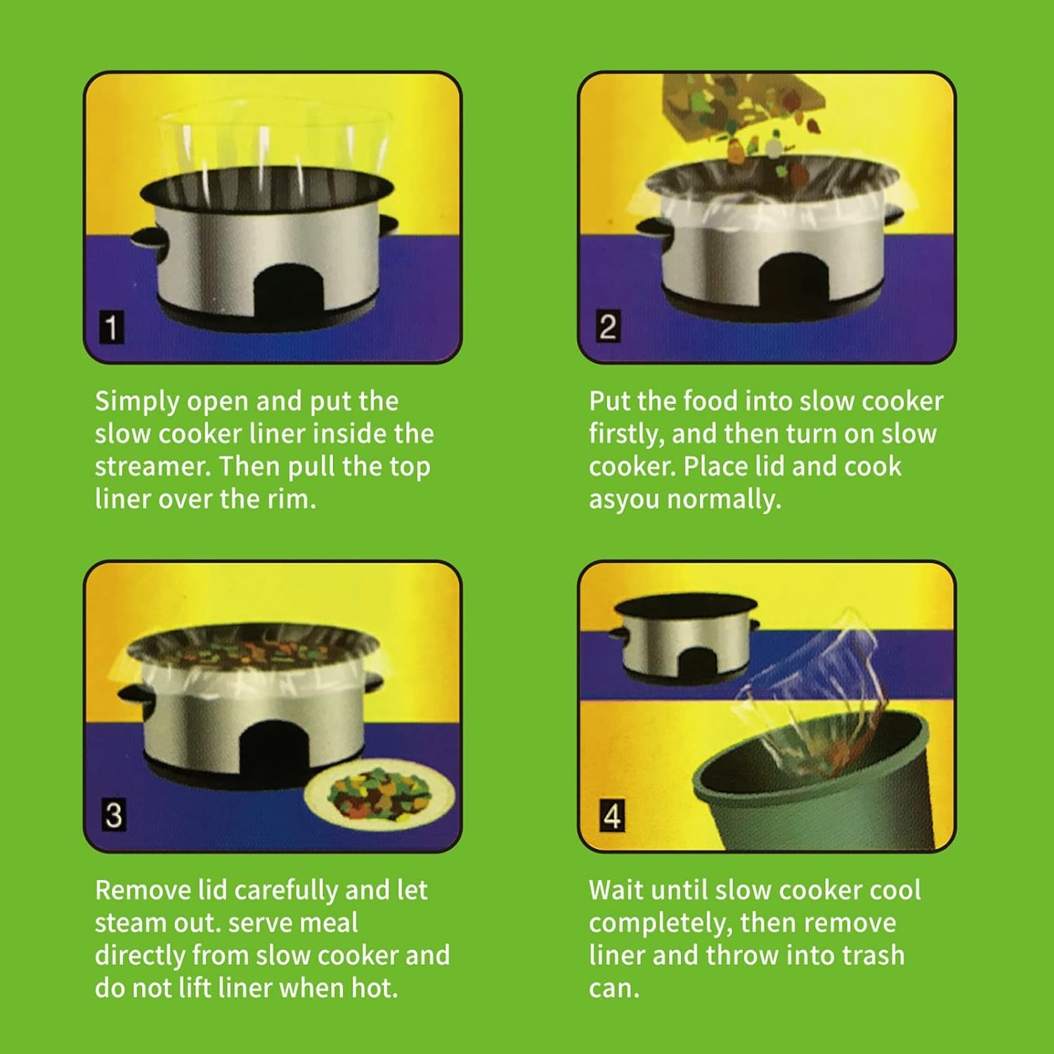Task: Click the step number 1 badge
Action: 112,327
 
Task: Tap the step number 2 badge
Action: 607,327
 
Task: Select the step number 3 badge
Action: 113,815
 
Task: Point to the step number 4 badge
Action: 611,816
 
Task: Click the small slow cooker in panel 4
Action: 685,639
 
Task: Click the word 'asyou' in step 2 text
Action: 624,500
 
